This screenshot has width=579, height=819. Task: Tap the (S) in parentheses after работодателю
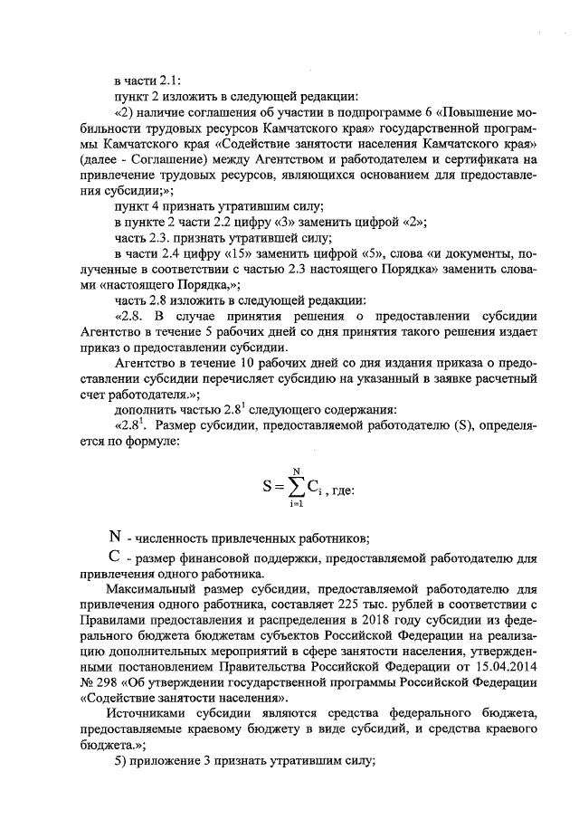[x=470, y=424]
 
